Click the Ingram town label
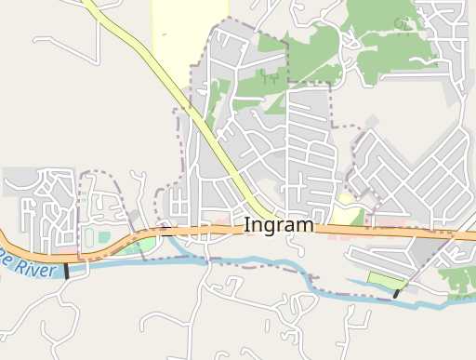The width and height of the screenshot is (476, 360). [279, 226]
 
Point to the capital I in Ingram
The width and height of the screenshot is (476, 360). [247, 225]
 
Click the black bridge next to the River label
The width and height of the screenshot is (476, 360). [67, 272]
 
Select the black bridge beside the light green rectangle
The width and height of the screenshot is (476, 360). [397, 293]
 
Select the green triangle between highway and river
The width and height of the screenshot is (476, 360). [144, 245]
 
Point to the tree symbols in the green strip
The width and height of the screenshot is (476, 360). [271, 79]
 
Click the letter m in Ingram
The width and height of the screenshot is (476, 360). [305, 226]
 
